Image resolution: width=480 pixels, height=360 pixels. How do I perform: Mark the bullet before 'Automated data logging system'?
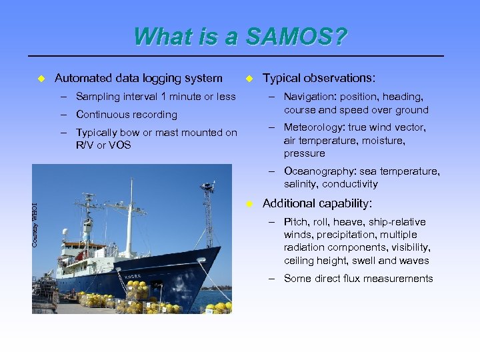click(x=40, y=79)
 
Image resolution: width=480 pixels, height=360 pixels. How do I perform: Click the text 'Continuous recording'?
click(x=127, y=115)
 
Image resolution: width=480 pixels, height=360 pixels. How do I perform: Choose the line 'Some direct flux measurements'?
click(x=358, y=279)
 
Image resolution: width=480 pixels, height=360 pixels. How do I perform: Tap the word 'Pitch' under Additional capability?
click(x=296, y=222)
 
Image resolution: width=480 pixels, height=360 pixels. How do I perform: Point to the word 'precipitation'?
click(x=341, y=235)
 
